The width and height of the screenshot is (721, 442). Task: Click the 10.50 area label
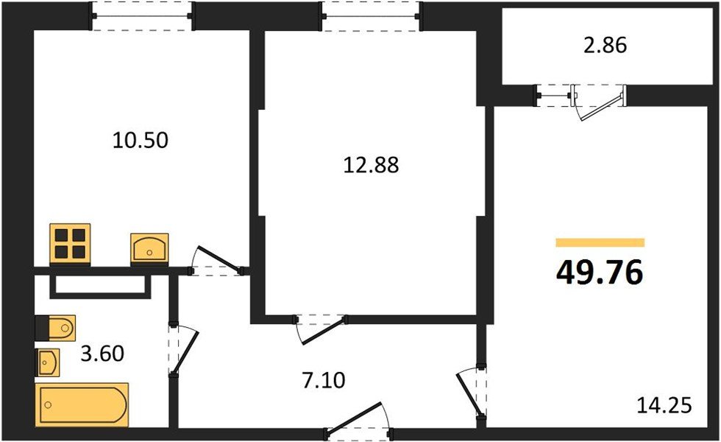[x=141, y=139]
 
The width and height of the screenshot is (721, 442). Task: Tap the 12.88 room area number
[x=371, y=165]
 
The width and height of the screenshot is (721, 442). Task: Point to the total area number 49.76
[x=600, y=273]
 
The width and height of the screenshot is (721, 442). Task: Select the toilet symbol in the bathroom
[x=55, y=326]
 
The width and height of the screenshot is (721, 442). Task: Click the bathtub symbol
[x=82, y=404]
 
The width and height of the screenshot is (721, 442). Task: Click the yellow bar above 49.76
[x=600, y=242]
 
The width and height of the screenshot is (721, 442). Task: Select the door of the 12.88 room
[x=321, y=328]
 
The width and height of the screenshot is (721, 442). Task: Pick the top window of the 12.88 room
[x=371, y=16]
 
